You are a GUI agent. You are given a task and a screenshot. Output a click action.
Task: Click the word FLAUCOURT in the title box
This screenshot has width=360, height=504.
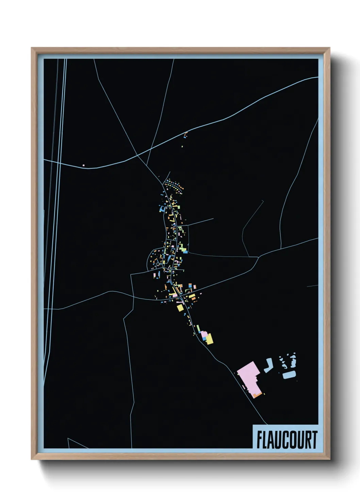287,440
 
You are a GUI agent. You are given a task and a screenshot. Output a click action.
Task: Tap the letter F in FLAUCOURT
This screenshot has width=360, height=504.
259,440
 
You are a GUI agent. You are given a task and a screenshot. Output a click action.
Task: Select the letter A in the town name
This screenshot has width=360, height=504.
272,440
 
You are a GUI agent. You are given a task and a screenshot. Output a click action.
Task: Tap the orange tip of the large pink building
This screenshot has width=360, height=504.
258,395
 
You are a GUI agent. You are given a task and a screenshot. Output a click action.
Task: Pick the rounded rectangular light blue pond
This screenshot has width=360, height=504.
289,375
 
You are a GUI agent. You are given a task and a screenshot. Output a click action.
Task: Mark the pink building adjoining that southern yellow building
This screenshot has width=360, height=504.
204,335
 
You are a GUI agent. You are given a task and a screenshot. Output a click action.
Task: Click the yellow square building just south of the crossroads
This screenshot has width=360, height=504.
180,308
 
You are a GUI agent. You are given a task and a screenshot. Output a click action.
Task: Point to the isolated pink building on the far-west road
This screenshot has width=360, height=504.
83,166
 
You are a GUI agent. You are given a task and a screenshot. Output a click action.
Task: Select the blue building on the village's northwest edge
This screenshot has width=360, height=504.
161,209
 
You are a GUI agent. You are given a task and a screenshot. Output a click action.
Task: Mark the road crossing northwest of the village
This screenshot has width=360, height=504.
137,155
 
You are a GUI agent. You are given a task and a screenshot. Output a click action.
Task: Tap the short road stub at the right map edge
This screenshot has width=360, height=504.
312,286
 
